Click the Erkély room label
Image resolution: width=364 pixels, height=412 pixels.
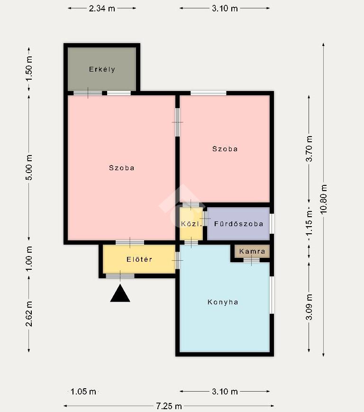(x=102, y=69)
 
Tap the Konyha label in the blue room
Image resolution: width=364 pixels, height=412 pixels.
(x=223, y=302)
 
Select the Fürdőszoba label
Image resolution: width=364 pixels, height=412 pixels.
(x=238, y=224)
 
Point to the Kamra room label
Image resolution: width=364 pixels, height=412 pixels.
(x=252, y=251)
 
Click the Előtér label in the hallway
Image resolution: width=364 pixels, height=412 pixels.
(x=139, y=260)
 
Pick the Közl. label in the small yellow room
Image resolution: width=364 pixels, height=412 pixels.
(x=191, y=224)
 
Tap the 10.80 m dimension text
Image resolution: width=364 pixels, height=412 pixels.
(x=324, y=200)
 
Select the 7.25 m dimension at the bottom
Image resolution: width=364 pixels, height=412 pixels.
(x=169, y=406)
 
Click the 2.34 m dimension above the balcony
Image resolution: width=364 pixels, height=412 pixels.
(x=102, y=9)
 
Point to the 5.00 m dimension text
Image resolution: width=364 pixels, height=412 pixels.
(x=29, y=167)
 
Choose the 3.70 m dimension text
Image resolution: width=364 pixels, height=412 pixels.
(x=309, y=149)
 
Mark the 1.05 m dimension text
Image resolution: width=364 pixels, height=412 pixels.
(x=83, y=392)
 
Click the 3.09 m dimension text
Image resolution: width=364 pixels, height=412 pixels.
(x=309, y=307)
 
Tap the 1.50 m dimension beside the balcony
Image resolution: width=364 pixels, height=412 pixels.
(x=29, y=69)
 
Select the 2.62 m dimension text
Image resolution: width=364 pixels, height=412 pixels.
(x=29, y=314)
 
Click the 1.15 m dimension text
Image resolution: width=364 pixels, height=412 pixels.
(x=309, y=222)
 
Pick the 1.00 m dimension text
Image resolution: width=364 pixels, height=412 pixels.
(x=29, y=259)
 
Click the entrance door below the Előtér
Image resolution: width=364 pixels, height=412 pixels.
(x=120, y=276)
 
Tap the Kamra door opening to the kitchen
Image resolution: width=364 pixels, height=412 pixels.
(x=251, y=260)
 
